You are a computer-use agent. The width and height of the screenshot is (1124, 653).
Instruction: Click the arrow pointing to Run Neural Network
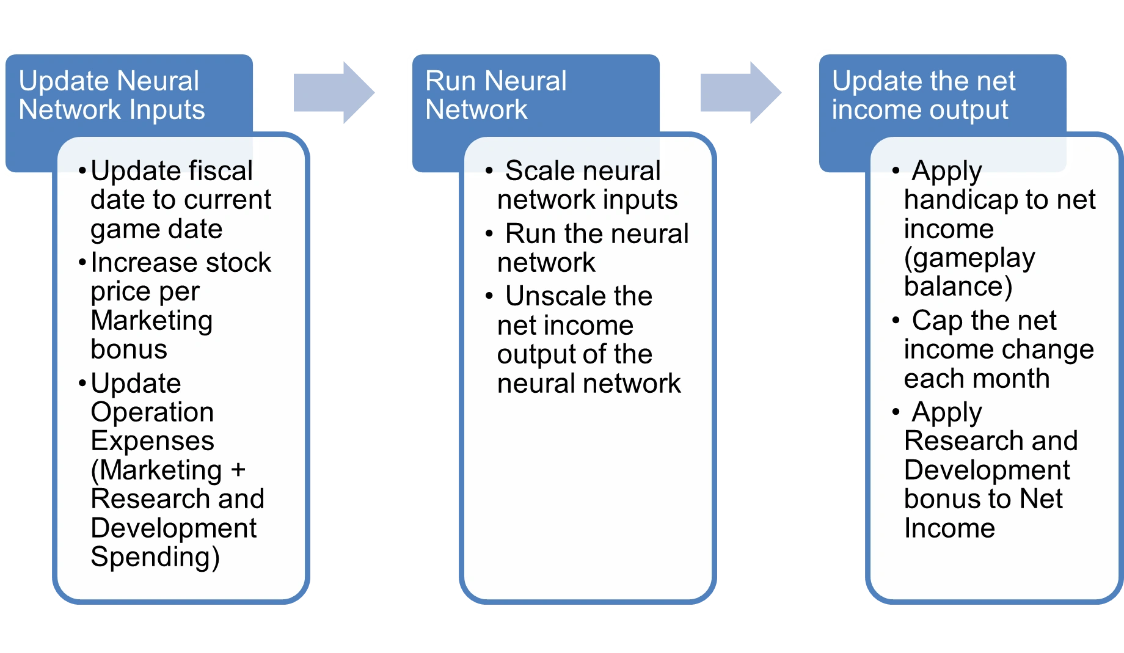click(x=334, y=93)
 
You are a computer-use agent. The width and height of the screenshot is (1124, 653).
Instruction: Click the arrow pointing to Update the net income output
click(x=740, y=93)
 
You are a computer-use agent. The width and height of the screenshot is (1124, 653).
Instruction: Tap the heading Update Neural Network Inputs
click(x=112, y=95)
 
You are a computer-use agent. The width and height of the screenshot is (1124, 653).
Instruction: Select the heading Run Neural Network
click(x=496, y=95)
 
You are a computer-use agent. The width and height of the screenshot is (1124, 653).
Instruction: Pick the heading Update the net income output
click(x=924, y=95)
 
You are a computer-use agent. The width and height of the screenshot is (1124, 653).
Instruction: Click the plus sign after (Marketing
click(x=238, y=470)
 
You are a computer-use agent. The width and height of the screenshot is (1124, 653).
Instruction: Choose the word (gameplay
click(x=969, y=258)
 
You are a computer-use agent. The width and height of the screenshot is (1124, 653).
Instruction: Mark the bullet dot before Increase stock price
click(x=82, y=263)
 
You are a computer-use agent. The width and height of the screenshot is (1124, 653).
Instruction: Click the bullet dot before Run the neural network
click(x=489, y=233)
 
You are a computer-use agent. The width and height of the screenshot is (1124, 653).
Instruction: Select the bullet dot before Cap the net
click(x=896, y=320)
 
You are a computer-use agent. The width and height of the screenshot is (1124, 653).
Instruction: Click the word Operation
click(x=152, y=413)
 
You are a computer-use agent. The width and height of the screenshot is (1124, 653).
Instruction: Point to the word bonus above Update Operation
click(x=129, y=349)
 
